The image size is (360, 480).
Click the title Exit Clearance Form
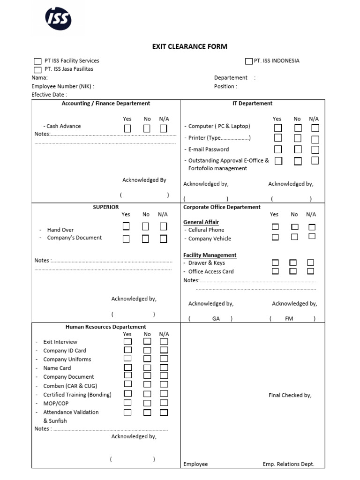[189, 46]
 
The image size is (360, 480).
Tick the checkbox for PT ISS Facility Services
[37, 61]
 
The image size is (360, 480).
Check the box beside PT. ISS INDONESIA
[248, 61]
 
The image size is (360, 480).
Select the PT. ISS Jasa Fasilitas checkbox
[37, 69]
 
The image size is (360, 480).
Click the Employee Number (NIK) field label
[62, 86]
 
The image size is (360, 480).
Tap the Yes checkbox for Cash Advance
[127, 128]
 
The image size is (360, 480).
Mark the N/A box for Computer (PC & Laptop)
[315, 128]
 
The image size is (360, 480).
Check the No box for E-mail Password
[298, 150]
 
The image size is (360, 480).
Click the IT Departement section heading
[252, 104]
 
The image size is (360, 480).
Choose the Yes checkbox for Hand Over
[126, 226]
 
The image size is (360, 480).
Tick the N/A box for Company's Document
[163, 239]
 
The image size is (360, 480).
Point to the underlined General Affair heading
[201, 222]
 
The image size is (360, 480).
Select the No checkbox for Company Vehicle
[294, 237]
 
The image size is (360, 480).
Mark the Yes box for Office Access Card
[275, 271]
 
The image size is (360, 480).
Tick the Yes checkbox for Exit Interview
[127, 342]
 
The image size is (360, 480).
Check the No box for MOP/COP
[147, 403]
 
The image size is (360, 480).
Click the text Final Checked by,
[290, 395]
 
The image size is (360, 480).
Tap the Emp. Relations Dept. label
[288, 464]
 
